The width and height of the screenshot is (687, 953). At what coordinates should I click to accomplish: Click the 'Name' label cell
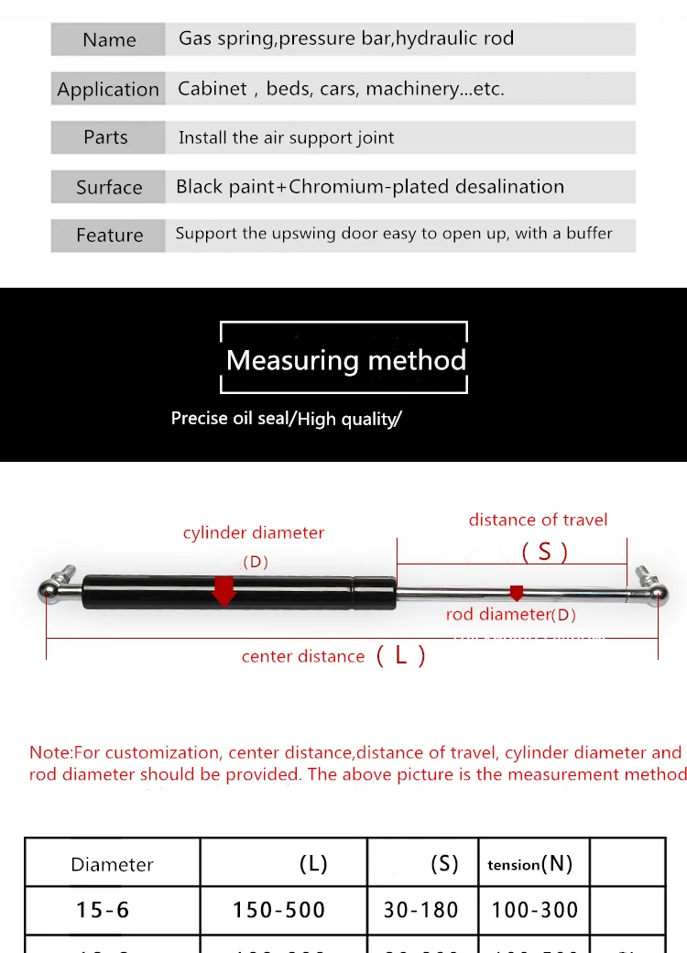(109, 39)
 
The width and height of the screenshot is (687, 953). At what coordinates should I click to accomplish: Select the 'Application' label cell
(108, 89)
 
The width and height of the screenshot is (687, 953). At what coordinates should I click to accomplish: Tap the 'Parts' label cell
(106, 137)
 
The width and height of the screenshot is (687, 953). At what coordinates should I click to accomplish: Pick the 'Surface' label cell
(109, 187)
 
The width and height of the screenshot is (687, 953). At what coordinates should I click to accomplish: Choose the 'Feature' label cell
(109, 236)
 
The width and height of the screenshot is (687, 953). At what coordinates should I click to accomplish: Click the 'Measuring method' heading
(345, 360)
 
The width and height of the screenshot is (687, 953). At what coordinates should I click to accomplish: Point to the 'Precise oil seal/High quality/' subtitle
(286, 419)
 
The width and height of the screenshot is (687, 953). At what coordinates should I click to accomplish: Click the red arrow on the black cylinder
(223, 591)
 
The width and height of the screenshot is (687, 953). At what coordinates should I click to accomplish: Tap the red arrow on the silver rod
(517, 594)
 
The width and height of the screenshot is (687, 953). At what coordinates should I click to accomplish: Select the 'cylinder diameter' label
(254, 532)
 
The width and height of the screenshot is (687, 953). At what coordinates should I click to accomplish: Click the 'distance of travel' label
(538, 520)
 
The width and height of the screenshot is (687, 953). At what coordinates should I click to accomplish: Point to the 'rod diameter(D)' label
(511, 614)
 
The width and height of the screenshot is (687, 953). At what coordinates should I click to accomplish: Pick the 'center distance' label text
(303, 656)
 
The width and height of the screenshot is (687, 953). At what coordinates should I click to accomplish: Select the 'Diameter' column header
(112, 864)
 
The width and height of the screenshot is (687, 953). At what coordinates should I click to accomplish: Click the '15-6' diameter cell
(103, 910)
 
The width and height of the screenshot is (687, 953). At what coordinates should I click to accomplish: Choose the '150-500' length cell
(278, 910)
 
